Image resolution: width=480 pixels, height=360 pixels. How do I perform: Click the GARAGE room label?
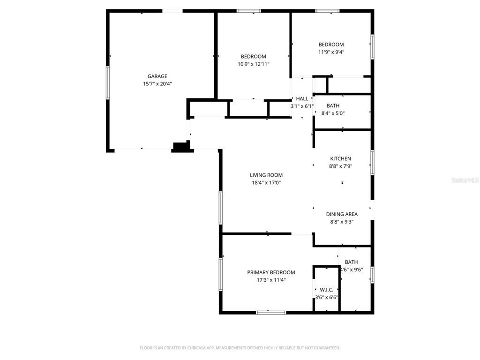(157, 76)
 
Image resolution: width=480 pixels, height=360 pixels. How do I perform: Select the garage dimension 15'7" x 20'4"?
(157, 84)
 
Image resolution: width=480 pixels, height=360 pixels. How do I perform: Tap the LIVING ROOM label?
(266, 175)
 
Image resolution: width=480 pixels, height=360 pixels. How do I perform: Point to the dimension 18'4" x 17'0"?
(266, 183)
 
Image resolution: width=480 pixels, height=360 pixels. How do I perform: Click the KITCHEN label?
(340, 159)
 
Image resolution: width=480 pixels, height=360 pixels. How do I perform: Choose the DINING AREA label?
(342, 214)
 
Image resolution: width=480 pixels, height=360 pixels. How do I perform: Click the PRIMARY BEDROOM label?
(271, 272)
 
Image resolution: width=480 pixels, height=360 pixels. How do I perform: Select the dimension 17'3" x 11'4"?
(271, 280)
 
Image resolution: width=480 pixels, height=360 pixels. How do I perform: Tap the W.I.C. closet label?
(326, 290)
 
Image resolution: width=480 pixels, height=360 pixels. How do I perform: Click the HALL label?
(302, 99)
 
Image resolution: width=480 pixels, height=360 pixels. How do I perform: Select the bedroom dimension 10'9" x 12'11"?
(253, 64)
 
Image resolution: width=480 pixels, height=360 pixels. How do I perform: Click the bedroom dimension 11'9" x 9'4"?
(331, 52)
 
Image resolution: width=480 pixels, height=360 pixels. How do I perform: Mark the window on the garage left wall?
(107, 82)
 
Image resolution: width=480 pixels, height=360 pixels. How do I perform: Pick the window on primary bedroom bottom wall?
(271, 312)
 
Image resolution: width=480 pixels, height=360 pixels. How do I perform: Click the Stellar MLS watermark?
(465, 180)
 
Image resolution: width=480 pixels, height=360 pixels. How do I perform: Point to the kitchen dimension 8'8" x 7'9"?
(340, 166)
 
